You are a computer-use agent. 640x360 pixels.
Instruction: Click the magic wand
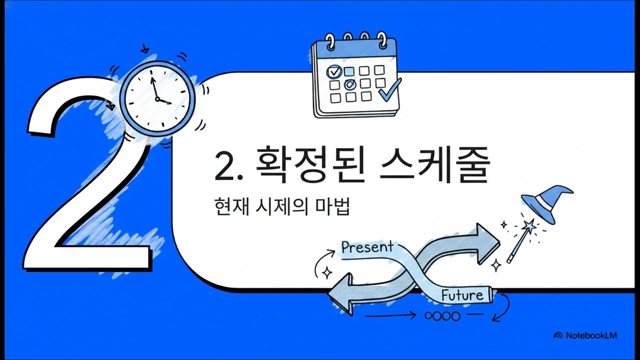[520, 242]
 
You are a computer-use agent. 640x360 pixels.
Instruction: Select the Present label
[367, 247]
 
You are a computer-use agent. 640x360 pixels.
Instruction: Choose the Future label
[462, 295]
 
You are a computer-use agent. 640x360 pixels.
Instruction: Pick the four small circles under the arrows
[441, 315]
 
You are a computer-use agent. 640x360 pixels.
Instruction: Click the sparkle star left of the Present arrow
[328, 272]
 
